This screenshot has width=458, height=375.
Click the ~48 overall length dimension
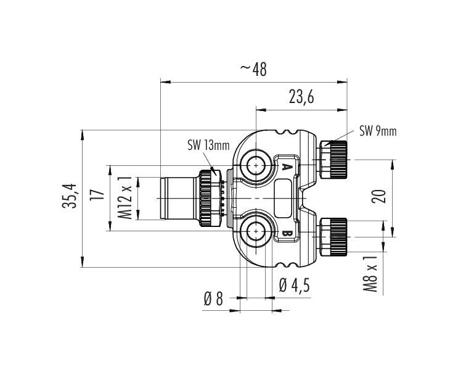(x=253, y=70)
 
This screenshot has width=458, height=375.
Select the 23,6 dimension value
(x=301, y=97)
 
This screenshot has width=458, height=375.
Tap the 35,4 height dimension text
(x=69, y=196)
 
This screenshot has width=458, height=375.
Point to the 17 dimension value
(x=97, y=195)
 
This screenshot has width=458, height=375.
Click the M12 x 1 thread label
(x=125, y=197)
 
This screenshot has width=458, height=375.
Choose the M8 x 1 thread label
(x=370, y=274)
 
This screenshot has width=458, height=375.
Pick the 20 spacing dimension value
(x=379, y=196)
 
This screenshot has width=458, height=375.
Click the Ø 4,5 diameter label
(x=294, y=285)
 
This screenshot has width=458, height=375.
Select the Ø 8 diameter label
(x=213, y=299)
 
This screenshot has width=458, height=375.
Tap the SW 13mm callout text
(x=208, y=146)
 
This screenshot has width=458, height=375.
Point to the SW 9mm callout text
(x=378, y=131)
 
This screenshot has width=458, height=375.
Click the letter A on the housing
(x=287, y=167)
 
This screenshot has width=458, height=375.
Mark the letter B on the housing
(x=287, y=234)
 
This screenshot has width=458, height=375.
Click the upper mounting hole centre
(x=256, y=166)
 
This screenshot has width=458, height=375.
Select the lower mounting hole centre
(x=256, y=231)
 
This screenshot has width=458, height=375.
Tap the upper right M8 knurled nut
(x=333, y=160)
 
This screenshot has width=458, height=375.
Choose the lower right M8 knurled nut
(x=333, y=237)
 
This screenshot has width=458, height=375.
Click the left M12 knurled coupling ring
(x=209, y=199)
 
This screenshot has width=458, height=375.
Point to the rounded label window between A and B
(x=283, y=199)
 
